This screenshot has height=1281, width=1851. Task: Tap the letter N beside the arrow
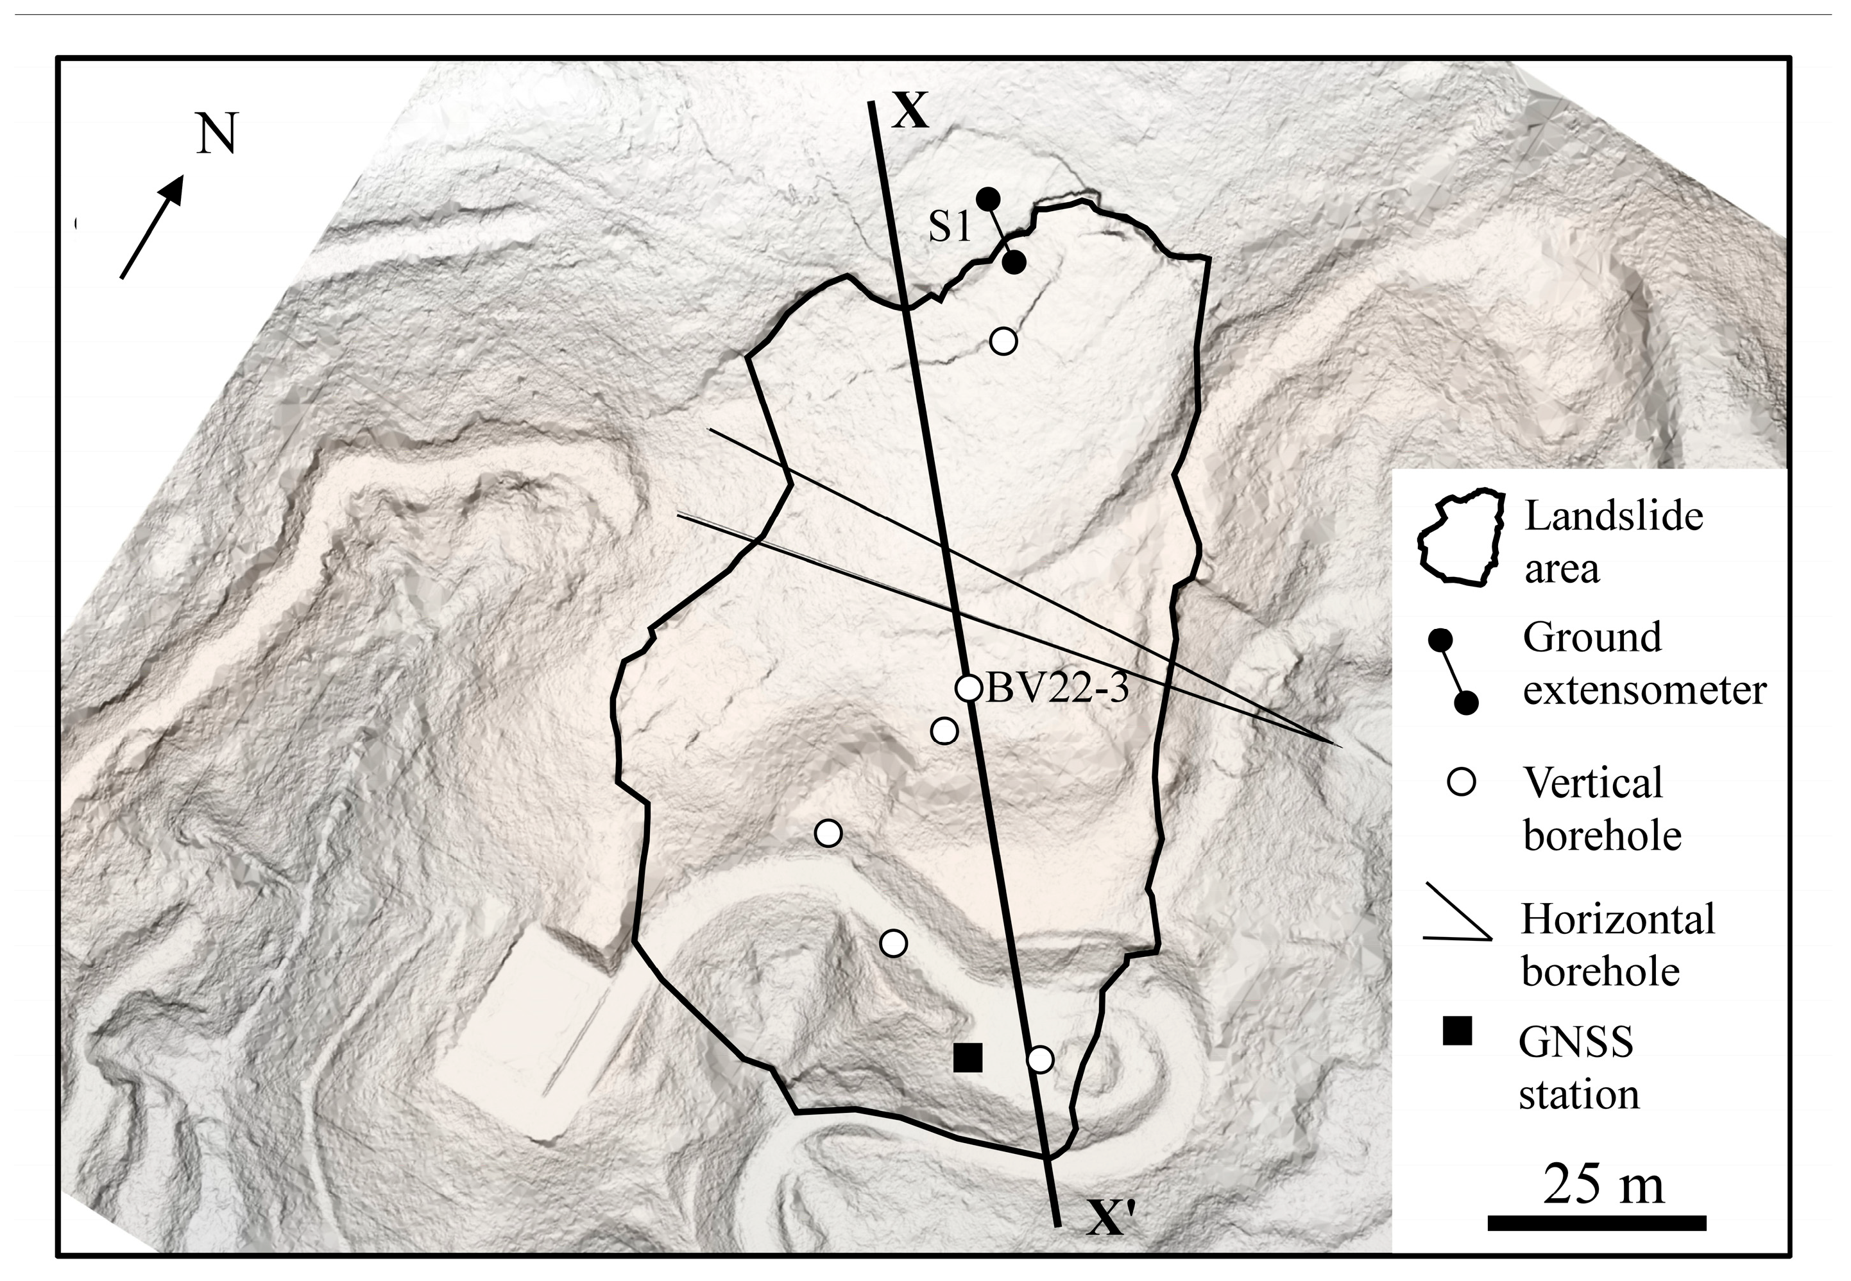(x=218, y=134)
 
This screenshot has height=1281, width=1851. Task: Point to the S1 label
(x=950, y=228)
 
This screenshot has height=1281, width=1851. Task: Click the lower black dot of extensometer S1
(x=1015, y=262)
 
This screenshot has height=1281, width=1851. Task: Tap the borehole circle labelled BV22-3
(x=969, y=688)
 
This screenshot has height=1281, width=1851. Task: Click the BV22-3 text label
(x=1057, y=689)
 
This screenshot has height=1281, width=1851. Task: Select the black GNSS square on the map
(x=968, y=1057)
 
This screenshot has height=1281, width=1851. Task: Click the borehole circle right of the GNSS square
(x=1040, y=1060)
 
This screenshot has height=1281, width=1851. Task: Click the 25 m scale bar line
(x=1597, y=1223)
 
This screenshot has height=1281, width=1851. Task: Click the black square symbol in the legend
(x=1456, y=1031)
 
